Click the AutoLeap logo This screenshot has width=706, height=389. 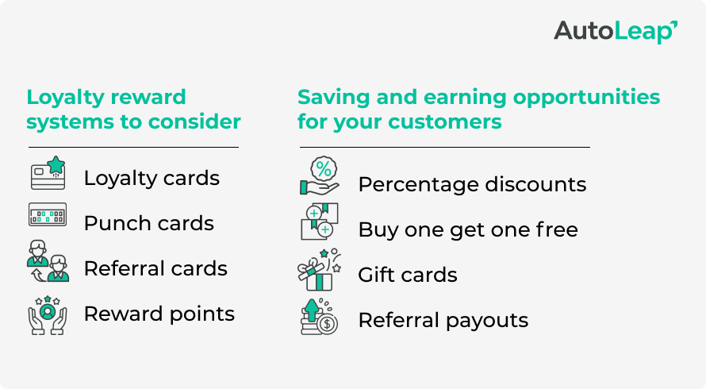pos(615,31)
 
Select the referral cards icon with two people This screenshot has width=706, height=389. pos(48,262)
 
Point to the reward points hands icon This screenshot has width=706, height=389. pos(48,313)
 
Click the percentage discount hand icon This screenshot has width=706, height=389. pos(320,177)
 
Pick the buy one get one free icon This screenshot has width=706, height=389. pos(320,221)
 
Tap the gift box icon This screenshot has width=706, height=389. pos(320,269)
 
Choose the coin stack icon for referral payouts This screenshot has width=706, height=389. pos(320,317)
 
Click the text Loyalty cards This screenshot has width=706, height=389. pos(152,178)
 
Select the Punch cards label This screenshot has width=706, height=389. pos(148,223)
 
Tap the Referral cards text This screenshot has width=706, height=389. pos(155,268)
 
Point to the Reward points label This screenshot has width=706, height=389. pos(159,314)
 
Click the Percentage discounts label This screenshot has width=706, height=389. pos(472,185)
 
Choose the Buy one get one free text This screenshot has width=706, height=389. pos(468,230)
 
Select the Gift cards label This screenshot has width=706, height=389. pos(408,275)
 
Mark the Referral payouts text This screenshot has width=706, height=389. pos(443,321)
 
